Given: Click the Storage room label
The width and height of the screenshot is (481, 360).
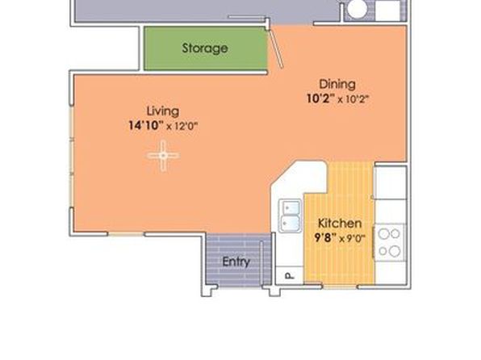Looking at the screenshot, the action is [205, 48].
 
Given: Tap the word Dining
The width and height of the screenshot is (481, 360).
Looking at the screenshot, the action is [337, 85].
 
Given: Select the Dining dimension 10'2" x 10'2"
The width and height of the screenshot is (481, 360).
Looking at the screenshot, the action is [337, 98].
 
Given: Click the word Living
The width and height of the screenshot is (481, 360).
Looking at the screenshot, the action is [163, 111].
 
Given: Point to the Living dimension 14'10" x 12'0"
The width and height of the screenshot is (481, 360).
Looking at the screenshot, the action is [163, 126].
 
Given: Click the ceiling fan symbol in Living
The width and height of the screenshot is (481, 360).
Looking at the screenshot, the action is [163, 156].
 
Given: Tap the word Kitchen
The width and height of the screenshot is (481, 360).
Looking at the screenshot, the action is [340, 223].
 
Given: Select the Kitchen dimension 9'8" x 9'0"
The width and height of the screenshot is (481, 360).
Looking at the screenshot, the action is [340, 238].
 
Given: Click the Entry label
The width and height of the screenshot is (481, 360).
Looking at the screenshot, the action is [236, 262].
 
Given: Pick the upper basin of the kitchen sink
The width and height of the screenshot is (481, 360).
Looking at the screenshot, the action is [289, 207].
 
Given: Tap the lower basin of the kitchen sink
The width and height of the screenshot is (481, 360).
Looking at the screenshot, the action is [289, 223].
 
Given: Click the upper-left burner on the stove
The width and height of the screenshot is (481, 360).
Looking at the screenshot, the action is [383, 234].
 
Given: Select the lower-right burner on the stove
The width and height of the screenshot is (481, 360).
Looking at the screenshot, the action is [395, 251].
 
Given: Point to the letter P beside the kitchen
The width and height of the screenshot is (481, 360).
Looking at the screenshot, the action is [289, 275].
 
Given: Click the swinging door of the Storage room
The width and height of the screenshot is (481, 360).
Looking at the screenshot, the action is [275, 48].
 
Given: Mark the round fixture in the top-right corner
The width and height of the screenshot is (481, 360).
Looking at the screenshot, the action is [356, 9].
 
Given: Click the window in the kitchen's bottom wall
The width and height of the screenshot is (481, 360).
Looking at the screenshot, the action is [341, 287].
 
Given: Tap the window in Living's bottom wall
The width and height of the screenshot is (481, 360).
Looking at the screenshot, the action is [126, 234].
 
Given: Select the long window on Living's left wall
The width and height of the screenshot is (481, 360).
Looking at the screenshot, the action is [72, 157].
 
